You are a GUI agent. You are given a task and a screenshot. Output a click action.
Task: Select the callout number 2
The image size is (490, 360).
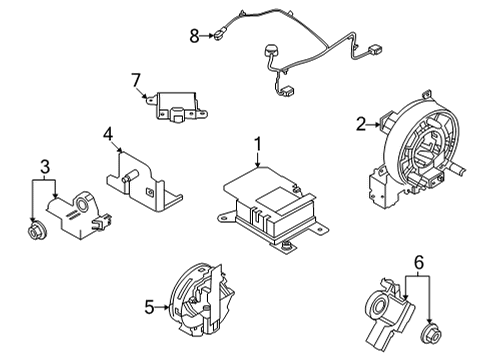361,125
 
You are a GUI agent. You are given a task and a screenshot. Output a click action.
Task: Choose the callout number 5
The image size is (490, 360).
149,308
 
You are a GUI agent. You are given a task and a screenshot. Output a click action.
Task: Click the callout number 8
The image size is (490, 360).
195,37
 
